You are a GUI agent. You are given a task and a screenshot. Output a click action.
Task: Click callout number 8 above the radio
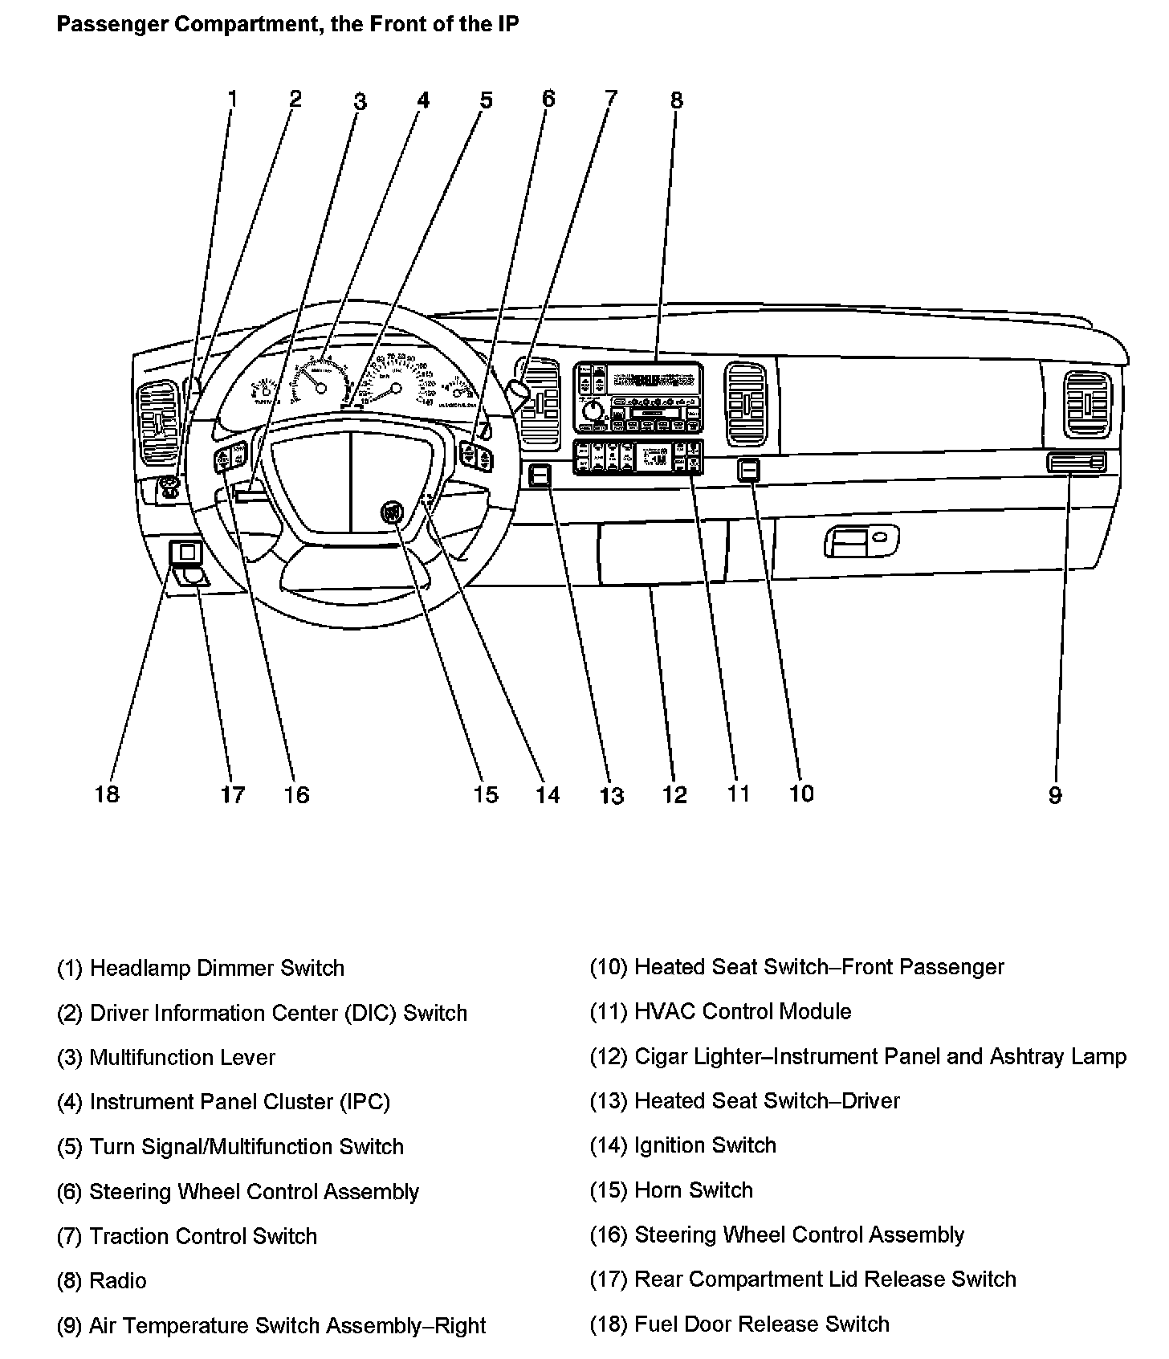pyautogui.click(x=676, y=100)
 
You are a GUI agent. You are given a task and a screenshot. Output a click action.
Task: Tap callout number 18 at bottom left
pyautogui.click(x=106, y=794)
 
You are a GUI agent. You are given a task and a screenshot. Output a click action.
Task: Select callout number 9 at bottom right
pyautogui.click(x=1054, y=795)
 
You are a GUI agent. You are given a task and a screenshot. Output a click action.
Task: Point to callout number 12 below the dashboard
pyautogui.click(x=674, y=795)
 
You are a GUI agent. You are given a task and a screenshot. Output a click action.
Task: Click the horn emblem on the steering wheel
pyautogui.click(x=393, y=512)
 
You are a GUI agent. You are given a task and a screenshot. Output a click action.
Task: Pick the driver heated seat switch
pyautogui.click(x=540, y=476)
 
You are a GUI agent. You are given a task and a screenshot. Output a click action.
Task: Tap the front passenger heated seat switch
pyautogui.click(x=749, y=469)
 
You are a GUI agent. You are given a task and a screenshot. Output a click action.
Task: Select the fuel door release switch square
pyautogui.click(x=185, y=553)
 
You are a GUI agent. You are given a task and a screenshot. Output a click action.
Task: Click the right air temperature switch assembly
pyautogui.click(x=1076, y=463)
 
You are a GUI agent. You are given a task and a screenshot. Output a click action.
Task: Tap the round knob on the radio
pyautogui.click(x=593, y=411)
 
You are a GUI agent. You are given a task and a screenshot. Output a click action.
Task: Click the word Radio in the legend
pyautogui.click(x=118, y=1280)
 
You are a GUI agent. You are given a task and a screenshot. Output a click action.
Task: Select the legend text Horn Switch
pyautogui.click(x=694, y=1190)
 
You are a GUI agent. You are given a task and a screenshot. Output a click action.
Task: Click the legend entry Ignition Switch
pyautogui.click(x=705, y=1145)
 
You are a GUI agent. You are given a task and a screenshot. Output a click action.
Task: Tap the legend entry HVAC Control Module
pyautogui.click(x=743, y=1011)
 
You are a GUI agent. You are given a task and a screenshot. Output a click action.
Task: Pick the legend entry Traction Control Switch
pyautogui.click(x=203, y=1236)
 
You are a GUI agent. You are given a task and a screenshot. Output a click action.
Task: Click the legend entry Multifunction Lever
pyautogui.click(x=182, y=1057)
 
